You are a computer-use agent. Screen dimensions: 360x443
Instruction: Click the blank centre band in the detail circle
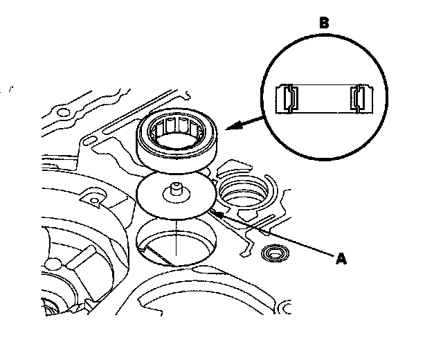(323, 98)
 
